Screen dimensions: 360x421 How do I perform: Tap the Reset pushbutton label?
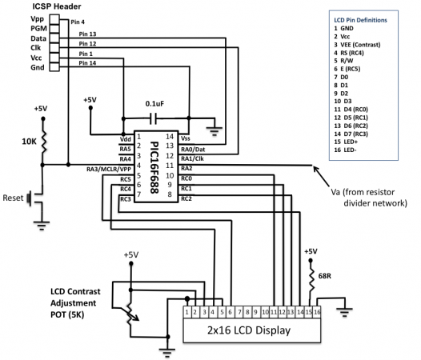pyautogui.click(x=14, y=197)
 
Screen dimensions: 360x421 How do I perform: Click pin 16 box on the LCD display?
pyautogui.click(x=318, y=310)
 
